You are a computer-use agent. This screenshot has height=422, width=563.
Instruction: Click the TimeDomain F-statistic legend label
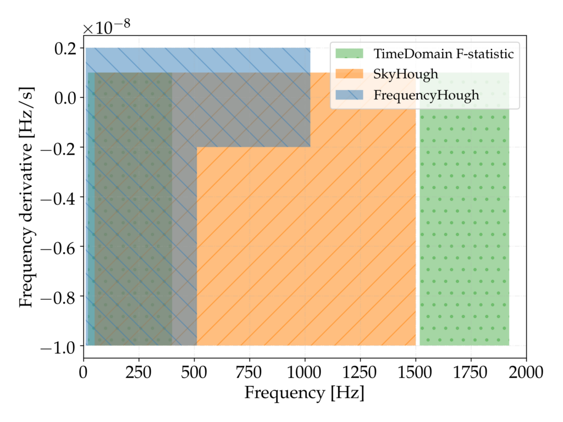(443, 54)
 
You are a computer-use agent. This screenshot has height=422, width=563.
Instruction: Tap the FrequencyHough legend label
(426, 95)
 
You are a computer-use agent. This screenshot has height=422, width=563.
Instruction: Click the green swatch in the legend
(349, 54)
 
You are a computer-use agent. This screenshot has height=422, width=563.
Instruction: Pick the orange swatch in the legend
(349, 74)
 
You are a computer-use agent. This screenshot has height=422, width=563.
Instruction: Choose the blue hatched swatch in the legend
(349, 95)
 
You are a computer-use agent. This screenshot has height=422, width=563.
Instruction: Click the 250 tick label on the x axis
(139, 372)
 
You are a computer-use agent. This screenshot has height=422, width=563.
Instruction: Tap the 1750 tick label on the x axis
(471, 372)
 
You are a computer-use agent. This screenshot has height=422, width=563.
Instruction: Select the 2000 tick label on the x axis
(526, 372)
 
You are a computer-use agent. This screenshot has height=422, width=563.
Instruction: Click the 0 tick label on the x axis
(84, 372)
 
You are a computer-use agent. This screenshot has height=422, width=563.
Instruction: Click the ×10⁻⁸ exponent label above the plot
(107, 26)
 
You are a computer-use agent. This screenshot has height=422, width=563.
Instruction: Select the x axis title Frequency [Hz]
(305, 393)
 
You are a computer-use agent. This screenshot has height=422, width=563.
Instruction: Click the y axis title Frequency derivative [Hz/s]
(26, 197)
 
